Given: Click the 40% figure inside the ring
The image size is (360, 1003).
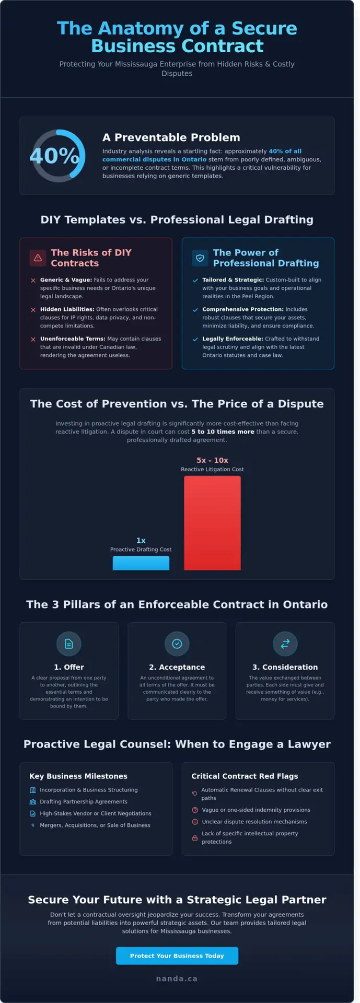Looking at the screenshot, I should click(55, 156).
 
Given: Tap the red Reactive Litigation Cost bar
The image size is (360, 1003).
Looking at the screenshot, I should click(212, 522).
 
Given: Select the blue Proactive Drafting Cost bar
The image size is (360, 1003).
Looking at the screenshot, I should click(141, 563).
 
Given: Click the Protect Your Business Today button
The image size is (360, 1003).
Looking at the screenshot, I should click(177, 955).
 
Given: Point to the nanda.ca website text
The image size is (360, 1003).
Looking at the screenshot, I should click(177, 978).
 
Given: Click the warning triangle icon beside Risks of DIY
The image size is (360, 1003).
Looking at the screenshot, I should click(38, 258).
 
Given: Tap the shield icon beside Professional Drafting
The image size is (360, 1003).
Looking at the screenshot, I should click(200, 258).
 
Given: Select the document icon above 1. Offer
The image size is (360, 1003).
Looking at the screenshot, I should click(68, 644).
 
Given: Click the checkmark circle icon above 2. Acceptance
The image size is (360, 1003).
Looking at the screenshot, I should click(177, 644).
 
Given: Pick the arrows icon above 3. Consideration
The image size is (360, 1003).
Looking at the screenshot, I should click(285, 644).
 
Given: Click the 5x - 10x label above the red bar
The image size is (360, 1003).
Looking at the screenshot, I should click(212, 460).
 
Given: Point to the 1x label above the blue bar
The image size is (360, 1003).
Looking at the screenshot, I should click(141, 540).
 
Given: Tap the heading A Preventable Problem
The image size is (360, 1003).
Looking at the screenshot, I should click(171, 137).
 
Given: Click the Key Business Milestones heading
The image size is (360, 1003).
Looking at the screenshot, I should click(78, 776).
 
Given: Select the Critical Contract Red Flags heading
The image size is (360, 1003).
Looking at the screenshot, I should click(245, 776).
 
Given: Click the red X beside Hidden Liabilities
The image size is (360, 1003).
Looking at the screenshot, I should click(33, 310).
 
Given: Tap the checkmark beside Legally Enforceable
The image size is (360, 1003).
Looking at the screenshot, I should click(195, 339).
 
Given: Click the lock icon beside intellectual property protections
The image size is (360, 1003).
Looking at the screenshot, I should click(195, 837).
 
